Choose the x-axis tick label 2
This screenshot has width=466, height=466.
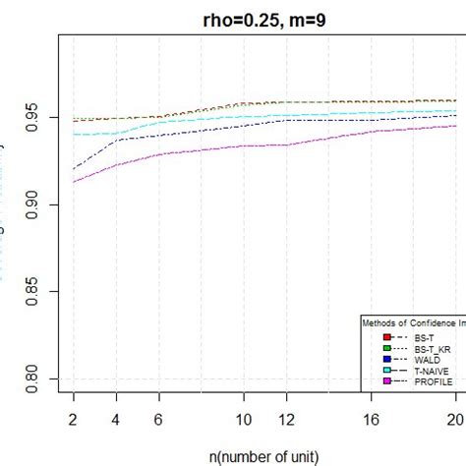[73, 417]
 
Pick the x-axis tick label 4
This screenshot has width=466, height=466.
[115, 417]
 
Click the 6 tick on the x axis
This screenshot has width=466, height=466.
[158, 417]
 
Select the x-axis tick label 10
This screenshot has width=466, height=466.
[244, 417]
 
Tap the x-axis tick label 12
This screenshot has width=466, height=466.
[286, 417]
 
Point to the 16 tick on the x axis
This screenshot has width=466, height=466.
[372, 417]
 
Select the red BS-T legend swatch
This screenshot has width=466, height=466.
[374, 337]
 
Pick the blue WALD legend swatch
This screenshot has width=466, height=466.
[374, 359]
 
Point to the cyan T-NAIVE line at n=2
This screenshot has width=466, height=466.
[73, 134]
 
